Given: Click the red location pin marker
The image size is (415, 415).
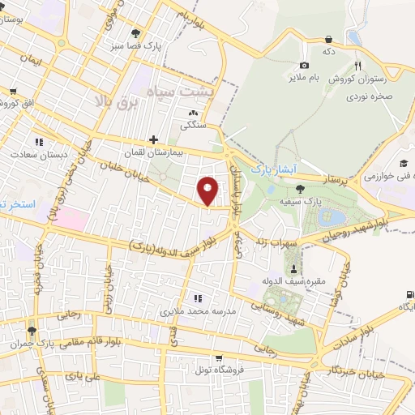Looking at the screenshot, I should [x=208, y=190].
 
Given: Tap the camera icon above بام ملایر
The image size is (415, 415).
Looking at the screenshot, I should [x=304, y=65].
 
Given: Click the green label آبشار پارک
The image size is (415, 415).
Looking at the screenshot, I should [x=270, y=168].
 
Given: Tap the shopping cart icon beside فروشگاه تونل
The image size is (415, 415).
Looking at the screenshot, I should [x=218, y=358].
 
